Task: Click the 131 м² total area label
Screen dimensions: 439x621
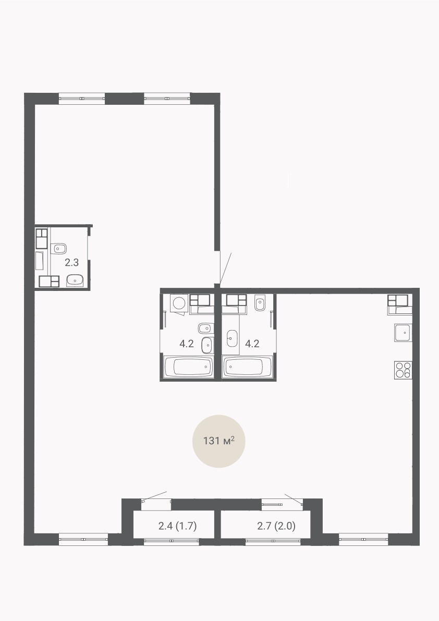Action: tap(219, 440)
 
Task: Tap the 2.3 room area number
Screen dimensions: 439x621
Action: tap(71, 262)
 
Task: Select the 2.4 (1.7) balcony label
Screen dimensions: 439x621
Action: tap(177, 526)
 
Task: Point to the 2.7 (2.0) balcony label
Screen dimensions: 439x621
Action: tap(276, 526)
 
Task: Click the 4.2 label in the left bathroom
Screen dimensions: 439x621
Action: tap(187, 344)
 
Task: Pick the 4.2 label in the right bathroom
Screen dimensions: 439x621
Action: tap(252, 344)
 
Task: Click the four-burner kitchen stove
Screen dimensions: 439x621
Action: tap(403, 370)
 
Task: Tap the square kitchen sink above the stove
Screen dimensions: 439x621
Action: tap(403, 333)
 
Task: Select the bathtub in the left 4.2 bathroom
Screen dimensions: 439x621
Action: tap(188, 367)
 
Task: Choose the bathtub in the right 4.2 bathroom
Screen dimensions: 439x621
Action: tap(248, 367)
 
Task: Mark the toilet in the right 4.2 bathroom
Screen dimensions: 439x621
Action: tap(260, 303)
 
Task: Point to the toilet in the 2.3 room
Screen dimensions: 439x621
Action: tap(59, 249)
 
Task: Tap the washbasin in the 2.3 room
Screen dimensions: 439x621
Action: tap(75, 281)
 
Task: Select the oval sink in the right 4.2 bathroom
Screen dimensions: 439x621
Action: tap(232, 338)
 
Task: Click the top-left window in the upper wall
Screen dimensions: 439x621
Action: tap(82, 98)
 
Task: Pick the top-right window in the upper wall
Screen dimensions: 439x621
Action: tap(167, 98)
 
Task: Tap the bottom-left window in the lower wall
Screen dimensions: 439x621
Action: tap(83, 540)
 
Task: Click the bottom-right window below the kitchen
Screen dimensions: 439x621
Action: tap(363, 540)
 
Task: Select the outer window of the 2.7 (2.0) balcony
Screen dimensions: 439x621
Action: tap(273, 542)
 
